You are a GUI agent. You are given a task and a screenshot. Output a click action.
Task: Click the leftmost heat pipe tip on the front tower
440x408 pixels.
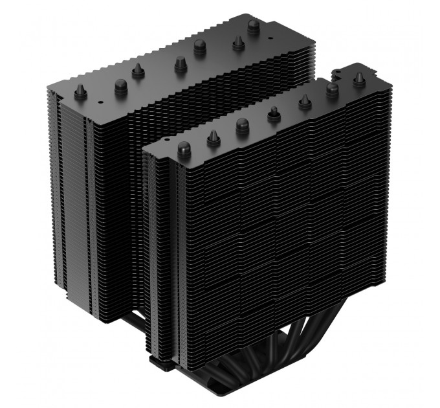point(184,147)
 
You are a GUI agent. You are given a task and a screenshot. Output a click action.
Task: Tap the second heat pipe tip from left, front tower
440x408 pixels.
point(213,137)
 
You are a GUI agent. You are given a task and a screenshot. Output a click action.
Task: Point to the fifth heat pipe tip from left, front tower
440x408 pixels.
point(304,101)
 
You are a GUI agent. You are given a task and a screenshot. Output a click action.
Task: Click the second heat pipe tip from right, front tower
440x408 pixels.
point(333,91)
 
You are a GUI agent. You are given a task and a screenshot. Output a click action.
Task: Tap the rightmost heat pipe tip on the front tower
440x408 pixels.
point(358,80)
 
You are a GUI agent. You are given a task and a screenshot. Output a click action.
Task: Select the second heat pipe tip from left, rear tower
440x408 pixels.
point(120,84)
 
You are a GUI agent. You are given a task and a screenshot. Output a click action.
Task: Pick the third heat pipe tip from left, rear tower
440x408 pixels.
point(138,71)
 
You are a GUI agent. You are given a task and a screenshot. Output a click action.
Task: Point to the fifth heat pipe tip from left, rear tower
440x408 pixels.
point(198,46)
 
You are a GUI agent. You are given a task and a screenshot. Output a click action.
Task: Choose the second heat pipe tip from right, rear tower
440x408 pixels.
point(237,42)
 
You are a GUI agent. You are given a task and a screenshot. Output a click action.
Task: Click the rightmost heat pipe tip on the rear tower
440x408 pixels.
point(254,26)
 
